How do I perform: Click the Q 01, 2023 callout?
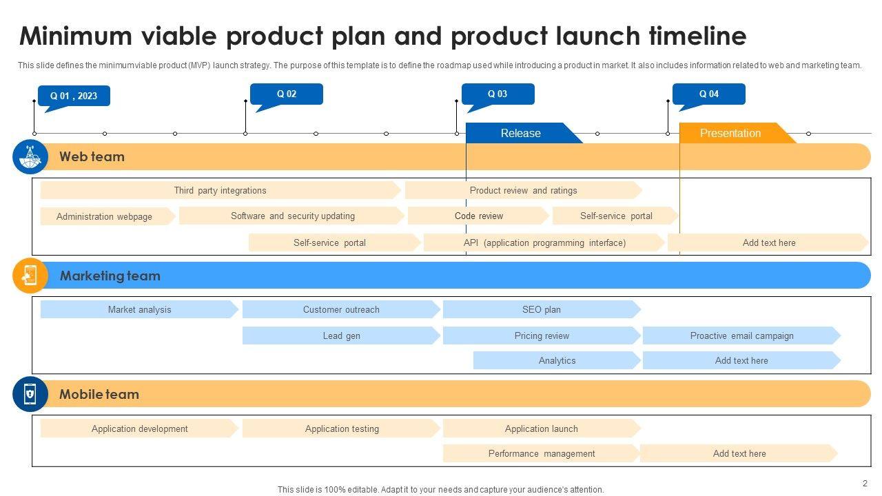[74, 96]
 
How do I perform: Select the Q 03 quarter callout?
[498, 94]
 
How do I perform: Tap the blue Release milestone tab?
[521, 133]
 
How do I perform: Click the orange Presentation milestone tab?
[730, 133]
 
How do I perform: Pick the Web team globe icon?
[30, 157]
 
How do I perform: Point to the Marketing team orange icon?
[30, 276]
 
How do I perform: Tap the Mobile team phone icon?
[30, 394]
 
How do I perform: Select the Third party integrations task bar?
[220, 190]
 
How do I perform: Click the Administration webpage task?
[105, 216]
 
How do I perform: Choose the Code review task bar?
[478, 216]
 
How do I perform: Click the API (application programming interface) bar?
[544, 242]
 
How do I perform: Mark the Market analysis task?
[139, 309]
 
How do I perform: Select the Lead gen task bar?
[341, 335]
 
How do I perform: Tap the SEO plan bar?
[542, 309]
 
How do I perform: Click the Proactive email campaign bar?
[741, 335]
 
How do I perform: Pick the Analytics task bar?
[557, 360]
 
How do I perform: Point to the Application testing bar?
[342, 428]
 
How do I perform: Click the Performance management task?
[542, 453]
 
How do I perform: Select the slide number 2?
[865, 484]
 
